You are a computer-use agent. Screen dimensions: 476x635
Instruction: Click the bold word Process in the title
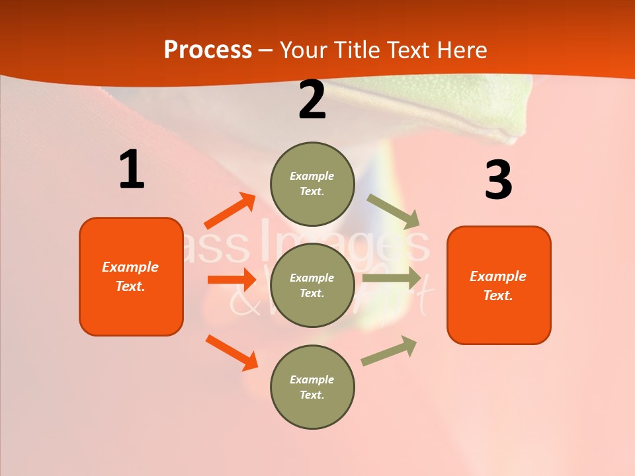coord(208,50)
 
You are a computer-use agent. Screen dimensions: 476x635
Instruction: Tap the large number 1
coord(132,169)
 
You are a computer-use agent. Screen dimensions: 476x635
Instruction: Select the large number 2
coord(312,100)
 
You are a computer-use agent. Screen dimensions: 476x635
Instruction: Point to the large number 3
coord(498,180)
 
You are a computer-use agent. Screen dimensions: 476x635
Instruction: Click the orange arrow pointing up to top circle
coord(230,211)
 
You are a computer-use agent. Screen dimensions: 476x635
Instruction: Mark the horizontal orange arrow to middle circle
coord(232,280)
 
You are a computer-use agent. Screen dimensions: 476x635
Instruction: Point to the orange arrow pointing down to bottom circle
coord(232,352)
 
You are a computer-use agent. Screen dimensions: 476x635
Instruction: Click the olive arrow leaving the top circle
coord(394,210)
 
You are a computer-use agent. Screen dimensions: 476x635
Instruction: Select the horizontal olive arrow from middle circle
coord(392,278)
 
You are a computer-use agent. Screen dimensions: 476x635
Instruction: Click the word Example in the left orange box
coord(130,267)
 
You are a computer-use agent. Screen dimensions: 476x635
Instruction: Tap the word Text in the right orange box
coord(497,296)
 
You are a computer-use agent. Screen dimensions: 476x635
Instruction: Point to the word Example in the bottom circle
coord(312,379)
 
